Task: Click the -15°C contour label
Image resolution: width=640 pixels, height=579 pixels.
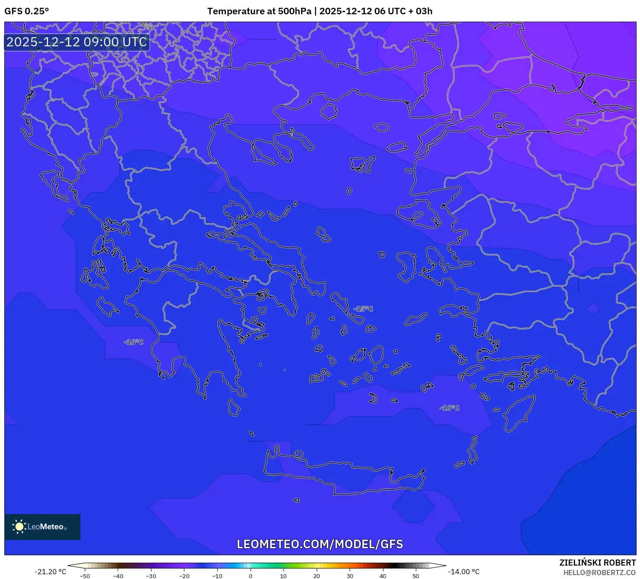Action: point(363,309)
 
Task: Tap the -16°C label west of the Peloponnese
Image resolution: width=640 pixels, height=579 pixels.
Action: point(134,342)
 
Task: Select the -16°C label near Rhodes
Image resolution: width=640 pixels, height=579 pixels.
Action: point(449,408)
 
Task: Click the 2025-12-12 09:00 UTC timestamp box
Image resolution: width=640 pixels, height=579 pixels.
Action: point(77,42)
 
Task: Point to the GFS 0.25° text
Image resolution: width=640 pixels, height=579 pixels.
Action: point(26,11)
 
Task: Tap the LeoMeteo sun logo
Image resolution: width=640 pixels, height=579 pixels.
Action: point(19,527)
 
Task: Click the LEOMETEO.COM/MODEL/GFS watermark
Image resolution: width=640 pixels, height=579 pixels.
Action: point(320,544)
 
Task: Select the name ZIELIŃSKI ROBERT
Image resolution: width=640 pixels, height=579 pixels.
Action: point(597,563)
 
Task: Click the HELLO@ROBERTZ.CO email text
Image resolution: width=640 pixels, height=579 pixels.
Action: point(599,573)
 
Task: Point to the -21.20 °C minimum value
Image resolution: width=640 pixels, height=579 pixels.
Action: point(51,572)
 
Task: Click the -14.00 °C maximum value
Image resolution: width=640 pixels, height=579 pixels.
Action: point(463,572)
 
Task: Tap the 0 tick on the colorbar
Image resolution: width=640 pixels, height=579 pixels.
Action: point(251,576)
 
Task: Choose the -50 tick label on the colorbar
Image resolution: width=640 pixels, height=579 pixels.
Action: point(85,576)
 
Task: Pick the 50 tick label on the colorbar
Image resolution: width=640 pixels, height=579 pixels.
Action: point(416,576)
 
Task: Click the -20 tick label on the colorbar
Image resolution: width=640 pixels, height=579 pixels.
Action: point(184,576)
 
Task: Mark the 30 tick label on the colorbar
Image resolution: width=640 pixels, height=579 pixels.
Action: point(350,576)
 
